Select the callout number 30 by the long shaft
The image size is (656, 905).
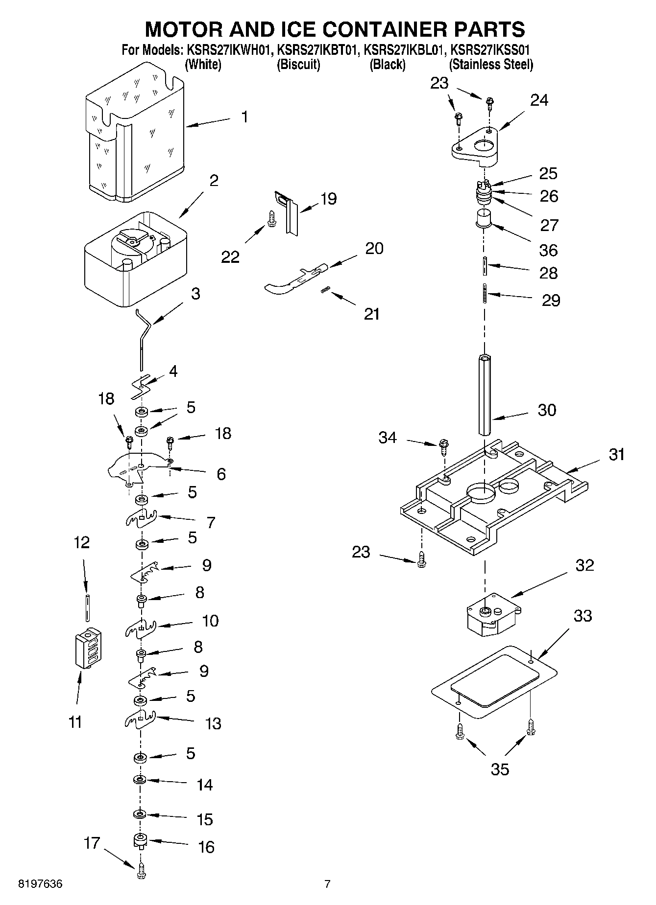click(x=547, y=410)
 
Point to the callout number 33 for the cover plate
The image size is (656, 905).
click(x=583, y=615)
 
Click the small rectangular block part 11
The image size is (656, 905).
click(x=89, y=647)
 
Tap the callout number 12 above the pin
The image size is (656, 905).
click(x=82, y=542)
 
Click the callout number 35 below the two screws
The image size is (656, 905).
click(x=500, y=769)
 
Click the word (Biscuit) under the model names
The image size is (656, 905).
click(x=298, y=64)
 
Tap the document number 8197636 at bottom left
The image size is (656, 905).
click(x=40, y=884)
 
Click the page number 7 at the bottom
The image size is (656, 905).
click(x=327, y=884)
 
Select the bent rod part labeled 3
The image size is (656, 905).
click(x=143, y=338)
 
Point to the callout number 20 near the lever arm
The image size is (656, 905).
click(x=374, y=248)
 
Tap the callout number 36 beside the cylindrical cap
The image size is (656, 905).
click(x=548, y=250)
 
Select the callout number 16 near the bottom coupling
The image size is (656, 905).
click(x=206, y=847)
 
